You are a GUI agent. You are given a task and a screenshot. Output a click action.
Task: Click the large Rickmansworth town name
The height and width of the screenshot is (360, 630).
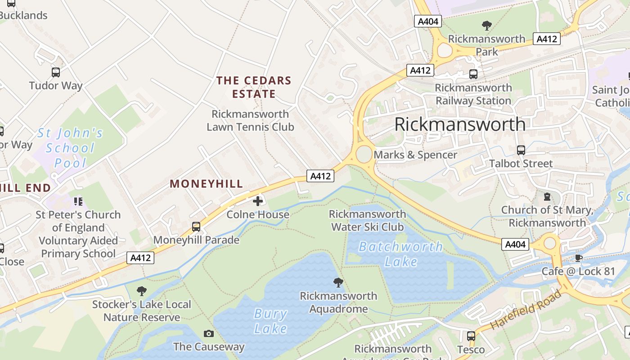(x=459, y=124)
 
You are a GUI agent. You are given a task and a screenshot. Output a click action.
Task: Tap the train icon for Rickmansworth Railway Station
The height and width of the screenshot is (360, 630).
(x=473, y=74)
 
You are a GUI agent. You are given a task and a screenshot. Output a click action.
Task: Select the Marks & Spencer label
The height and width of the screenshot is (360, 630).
(x=415, y=155)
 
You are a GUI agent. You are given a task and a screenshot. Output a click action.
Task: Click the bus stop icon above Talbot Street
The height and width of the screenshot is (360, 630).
(x=521, y=150)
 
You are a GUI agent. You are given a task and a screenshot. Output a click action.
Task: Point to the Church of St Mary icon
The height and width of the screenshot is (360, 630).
(x=547, y=197)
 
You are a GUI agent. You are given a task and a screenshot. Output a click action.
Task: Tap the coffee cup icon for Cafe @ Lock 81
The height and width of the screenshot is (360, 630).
(x=578, y=258)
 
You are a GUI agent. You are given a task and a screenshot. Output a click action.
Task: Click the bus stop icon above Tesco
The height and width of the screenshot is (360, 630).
(x=471, y=336)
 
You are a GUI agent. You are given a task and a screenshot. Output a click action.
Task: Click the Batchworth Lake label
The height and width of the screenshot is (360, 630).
(x=401, y=254)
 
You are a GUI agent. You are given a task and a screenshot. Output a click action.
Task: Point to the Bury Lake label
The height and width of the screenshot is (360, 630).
(x=270, y=321)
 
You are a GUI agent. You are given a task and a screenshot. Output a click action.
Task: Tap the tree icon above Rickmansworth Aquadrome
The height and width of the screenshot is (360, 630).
(x=338, y=283)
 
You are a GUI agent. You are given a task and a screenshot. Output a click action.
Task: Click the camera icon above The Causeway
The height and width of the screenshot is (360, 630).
(x=208, y=333)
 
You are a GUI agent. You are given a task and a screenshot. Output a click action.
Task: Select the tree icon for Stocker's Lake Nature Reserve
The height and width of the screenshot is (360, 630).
(x=141, y=291)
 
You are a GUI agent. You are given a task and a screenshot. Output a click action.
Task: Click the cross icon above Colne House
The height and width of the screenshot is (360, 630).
(x=257, y=201)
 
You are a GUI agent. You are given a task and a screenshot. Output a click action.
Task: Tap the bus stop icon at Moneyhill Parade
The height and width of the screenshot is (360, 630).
(x=196, y=226)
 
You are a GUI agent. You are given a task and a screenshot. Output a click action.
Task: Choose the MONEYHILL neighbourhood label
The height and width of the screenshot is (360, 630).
(x=206, y=184)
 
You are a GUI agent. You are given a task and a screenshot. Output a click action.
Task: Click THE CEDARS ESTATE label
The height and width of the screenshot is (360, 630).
(x=254, y=87)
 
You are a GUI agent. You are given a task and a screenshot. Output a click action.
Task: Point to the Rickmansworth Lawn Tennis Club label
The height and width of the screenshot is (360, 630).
(x=250, y=121)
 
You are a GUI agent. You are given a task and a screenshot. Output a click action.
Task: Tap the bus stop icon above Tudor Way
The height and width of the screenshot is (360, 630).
(x=56, y=72)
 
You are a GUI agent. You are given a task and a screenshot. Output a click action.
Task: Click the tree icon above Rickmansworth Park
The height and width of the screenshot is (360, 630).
(x=486, y=25)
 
